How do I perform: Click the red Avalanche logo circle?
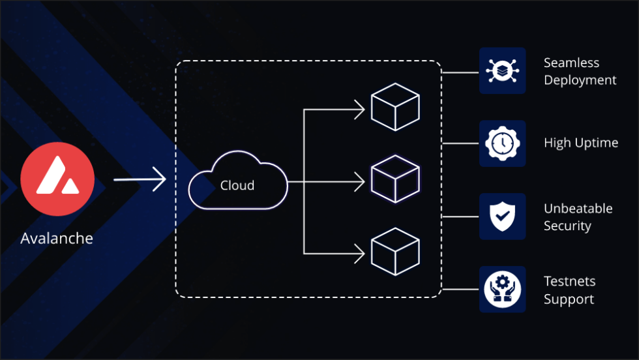click(x=57, y=179)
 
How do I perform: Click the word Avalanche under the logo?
click(x=57, y=238)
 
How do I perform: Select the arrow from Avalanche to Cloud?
click(x=140, y=179)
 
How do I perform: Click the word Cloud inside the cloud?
click(x=237, y=186)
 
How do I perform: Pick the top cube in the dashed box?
click(x=394, y=106)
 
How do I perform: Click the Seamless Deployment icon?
click(x=503, y=70)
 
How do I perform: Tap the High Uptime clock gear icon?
click(x=503, y=143)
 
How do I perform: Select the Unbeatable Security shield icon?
click(x=503, y=216)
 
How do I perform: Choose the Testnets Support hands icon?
click(x=503, y=289)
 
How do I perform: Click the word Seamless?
click(x=571, y=63)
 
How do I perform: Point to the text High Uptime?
click(x=581, y=143)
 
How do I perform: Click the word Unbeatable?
click(x=578, y=209)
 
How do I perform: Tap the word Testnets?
click(x=569, y=282)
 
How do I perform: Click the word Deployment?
click(x=580, y=80)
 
